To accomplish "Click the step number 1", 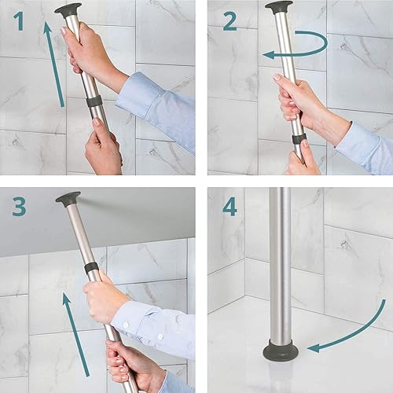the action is point(19,21).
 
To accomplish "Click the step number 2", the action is point(230,21).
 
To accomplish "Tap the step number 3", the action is point(19,207).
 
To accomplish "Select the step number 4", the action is point(230,207).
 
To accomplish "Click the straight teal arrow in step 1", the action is point(53,64).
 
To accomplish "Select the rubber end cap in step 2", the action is point(278,7).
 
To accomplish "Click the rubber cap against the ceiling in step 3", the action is point(68,198).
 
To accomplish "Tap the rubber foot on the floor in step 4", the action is point(281,349).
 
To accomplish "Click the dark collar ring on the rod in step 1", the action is point(94,101).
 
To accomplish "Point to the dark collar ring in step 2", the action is point(299,139).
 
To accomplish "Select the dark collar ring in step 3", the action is point(91,268).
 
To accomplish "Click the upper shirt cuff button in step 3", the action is point(126,325).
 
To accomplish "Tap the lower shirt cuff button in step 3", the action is point(160,336).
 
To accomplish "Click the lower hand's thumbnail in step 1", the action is point(97,121).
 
